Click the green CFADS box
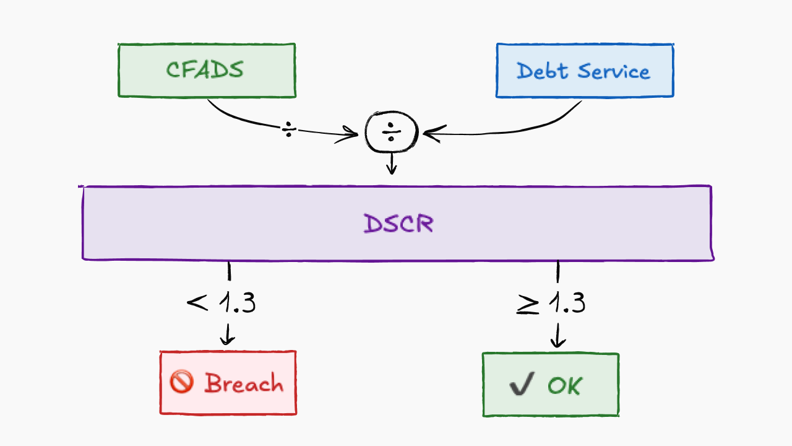coord(207,71)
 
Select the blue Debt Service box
coord(585,71)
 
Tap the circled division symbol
coord(392,132)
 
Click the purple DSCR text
coord(398,224)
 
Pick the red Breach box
coord(228,383)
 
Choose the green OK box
coord(551,385)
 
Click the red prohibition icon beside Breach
coord(181,382)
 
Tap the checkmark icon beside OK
coord(522,383)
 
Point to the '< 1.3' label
coord(222,303)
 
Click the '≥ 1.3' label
coord(551,303)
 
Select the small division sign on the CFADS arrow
coord(289,129)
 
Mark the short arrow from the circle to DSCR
coord(392,164)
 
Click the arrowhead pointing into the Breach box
coord(227,340)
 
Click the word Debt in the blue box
coord(543,71)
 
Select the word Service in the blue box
coord(614,71)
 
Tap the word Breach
coord(244,383)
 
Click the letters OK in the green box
coord(564,385)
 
